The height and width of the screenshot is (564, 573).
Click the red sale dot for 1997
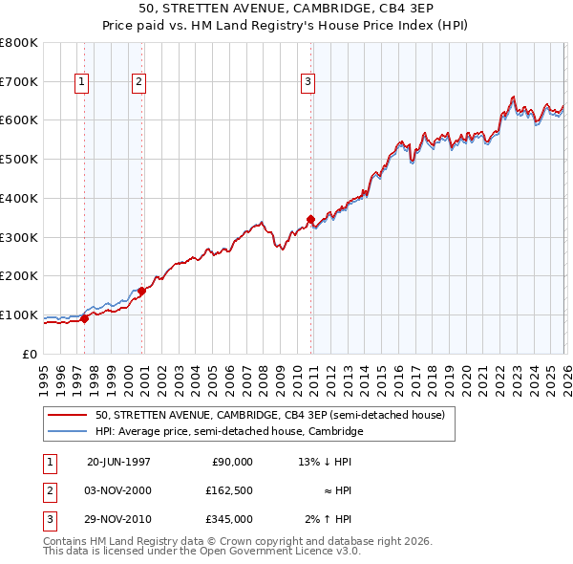(x=85, y=319)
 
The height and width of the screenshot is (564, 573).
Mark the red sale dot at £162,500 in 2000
(x=141, y=291)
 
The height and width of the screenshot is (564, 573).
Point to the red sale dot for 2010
(x=310, y=219)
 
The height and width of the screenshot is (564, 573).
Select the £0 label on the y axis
(x=30, y=355)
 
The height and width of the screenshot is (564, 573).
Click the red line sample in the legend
(x=69, y=416)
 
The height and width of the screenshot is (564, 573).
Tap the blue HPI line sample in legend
(x=69, y=432)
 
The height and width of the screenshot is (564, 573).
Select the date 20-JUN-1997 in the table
(x=118, y=462)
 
